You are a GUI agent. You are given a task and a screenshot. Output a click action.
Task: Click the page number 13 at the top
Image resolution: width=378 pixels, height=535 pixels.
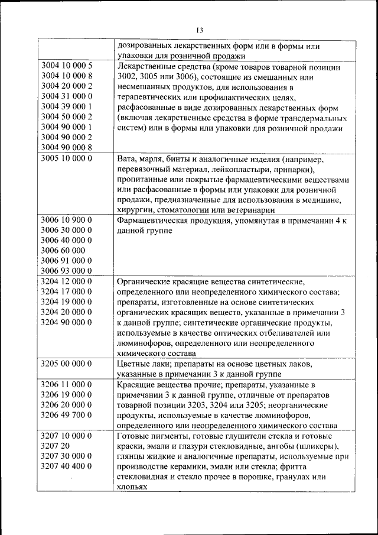pos(199,31)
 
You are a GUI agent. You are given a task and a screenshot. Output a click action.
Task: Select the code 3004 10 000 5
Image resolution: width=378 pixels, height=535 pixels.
pos(67,65)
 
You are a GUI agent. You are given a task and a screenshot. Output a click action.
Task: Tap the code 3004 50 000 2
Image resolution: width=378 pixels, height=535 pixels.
pos(67,116)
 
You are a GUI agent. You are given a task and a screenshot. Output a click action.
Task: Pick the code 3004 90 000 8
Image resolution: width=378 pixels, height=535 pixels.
pos(67,147)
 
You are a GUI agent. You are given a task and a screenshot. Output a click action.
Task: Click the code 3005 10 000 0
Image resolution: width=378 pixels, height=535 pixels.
pos(67,159)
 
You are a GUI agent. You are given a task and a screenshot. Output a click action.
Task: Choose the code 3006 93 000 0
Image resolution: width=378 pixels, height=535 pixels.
pos(67,271)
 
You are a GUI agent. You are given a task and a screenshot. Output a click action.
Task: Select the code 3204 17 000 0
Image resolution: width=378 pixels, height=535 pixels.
pos(67,291)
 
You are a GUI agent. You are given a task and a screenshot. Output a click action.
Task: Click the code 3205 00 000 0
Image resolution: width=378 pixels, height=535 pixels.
pos(67,363)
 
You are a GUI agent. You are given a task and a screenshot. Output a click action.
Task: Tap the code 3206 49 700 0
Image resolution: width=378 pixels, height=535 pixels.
pos(67,414)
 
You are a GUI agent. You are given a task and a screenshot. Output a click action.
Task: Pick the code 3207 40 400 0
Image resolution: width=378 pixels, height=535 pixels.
pos(67,466)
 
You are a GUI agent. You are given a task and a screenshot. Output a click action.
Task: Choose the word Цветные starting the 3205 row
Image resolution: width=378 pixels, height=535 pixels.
pos(135,363)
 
